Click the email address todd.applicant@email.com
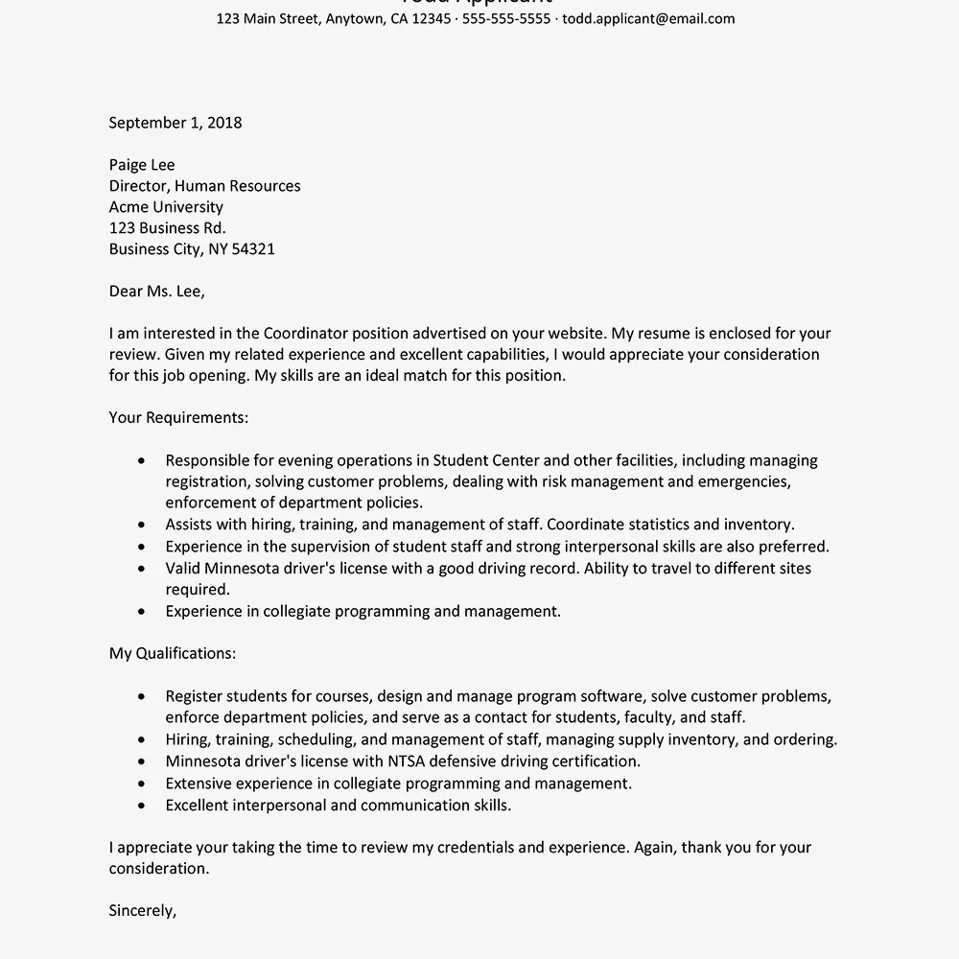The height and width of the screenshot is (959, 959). (648, 18)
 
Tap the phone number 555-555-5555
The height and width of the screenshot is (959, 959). (506, 18)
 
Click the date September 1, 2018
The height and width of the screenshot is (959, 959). (175, 123)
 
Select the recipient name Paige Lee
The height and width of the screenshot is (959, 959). (142, 165)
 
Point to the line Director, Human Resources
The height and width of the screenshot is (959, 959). (204, 186)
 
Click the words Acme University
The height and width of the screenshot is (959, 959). (166, 207)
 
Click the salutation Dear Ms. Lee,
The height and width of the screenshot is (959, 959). (156, 292)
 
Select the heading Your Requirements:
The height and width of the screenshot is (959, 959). (178, 418)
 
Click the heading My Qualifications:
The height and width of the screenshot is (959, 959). (173, 654)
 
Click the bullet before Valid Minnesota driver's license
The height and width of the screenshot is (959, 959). (142, 569)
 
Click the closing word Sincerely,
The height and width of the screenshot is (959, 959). (143, 911)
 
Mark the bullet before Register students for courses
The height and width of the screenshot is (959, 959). (142, 696)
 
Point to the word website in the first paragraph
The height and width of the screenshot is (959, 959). (574, 334)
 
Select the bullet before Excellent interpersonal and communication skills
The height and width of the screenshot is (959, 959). (142, 806)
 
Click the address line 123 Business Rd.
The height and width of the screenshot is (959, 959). (168, 228)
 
